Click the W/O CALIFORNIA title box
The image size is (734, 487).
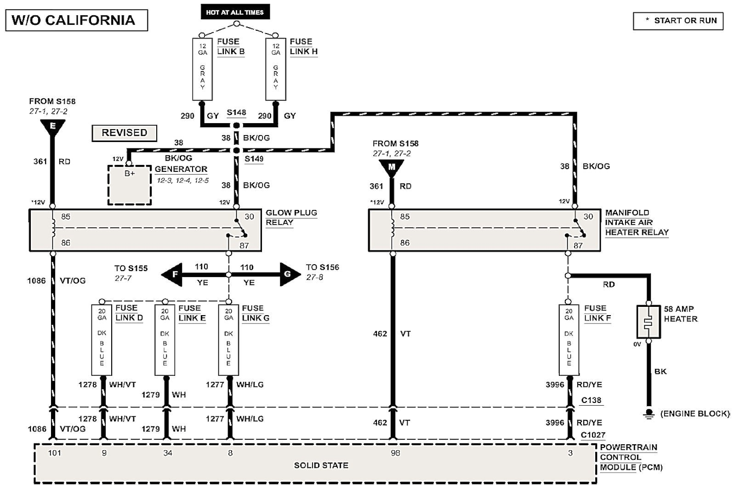76,20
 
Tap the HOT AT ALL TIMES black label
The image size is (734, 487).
235,12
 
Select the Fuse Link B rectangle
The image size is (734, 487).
202,69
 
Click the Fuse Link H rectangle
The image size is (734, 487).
276,69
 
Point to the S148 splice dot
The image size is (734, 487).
236,125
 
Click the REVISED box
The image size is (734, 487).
124,133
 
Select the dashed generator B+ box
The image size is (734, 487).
130,185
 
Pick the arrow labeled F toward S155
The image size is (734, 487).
172,275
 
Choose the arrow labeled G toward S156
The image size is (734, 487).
290,275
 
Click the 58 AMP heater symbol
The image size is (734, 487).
649,322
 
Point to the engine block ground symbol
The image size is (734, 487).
649,413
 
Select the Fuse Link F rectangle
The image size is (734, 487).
569,340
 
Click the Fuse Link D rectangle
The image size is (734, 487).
102,340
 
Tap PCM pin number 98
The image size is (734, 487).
395,453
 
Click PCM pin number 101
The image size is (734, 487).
54,453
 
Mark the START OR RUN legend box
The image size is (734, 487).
678,21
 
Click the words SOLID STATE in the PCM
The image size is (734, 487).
321,465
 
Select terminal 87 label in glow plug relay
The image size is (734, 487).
244,245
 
